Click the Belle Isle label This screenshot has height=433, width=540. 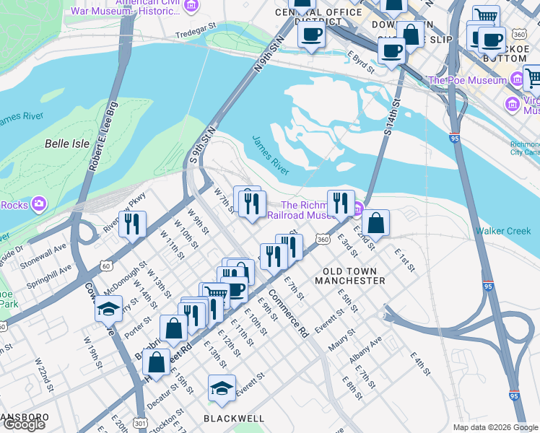pyautogui.click(x=67, y=144)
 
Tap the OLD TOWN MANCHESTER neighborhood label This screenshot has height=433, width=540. pyautogui.click(x=349, y=274)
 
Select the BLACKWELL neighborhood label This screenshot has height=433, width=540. pyautogui.click(x=233, y=418)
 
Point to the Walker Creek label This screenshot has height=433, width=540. pyautogui.click(x=503, y=231)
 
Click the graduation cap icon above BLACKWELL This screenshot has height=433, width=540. pyautogui.click(x=222, y=388)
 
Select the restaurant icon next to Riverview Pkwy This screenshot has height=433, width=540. pyautogui.click(x=133, y=224)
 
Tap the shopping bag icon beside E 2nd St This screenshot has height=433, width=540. pyautogui.click(x=375, y=222)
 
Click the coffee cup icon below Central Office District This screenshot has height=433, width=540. pyautogui.click(x=311, y=34)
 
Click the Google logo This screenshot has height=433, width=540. pyautogui.click(x=24, y=424)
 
